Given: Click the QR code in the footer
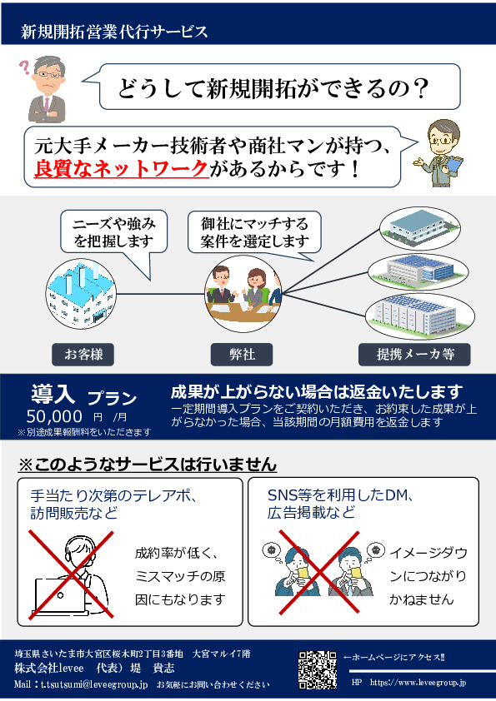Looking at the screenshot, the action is pos(318,669).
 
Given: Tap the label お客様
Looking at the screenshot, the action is pos(83,355).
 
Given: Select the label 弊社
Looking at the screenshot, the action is pos(242,355).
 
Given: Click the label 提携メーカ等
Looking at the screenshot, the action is pos(414,355).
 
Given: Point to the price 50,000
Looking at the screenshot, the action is pos(54,416).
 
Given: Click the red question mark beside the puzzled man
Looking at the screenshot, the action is pos(24,67).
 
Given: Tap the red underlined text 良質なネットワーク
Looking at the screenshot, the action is pos(122,168).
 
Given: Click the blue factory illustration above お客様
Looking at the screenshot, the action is pos(82,294).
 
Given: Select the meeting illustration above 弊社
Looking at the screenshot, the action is pos(243,294).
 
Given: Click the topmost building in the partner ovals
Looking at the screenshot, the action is pos(419,228).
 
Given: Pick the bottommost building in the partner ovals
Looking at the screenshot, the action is pos(420,316).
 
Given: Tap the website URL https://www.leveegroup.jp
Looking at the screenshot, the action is pos(418,683).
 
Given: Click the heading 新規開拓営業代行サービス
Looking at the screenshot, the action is pos(114,32).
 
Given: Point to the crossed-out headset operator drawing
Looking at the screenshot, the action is pos(71,575).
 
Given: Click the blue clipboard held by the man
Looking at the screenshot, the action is pos(453,165).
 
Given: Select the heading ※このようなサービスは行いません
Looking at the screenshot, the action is pos(148,465).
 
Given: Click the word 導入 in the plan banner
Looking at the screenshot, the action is pos(53,394).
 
